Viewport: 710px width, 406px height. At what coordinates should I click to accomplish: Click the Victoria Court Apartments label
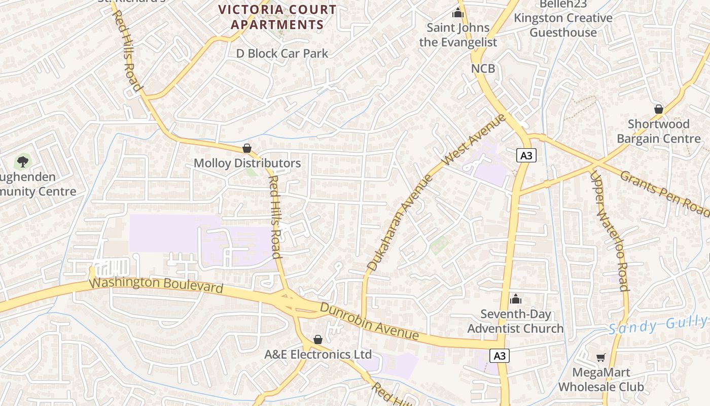pos(277,17)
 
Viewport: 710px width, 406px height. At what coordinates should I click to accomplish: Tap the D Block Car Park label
pos(282,53)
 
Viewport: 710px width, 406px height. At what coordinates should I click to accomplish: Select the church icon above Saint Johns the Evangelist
pos(458,13)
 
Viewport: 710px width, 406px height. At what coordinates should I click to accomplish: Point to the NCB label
pos(483,68)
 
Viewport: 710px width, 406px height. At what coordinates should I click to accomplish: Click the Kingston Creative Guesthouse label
pos(563,25)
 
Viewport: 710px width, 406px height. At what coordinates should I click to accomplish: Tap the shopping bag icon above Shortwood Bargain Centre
pos(659,109)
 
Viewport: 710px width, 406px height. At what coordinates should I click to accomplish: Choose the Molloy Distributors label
pos(247,163)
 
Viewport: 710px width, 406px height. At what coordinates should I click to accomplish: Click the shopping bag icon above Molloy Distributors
pos(247,148)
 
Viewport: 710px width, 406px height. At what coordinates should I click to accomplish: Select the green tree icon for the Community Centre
pos(22,162)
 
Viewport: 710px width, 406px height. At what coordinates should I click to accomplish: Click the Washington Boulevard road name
pos(156,285)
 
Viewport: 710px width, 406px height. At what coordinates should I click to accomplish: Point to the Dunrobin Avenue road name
pos(370,321)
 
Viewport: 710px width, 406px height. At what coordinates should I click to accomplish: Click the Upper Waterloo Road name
pos(609,230)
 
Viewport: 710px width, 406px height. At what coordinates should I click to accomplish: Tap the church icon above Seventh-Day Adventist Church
pos(516,299)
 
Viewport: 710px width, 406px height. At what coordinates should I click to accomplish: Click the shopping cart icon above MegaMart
pos(601,357)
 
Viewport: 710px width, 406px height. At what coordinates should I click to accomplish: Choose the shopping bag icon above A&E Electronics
pos(318,339)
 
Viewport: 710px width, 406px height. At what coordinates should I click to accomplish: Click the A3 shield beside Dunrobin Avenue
pos(500,356)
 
